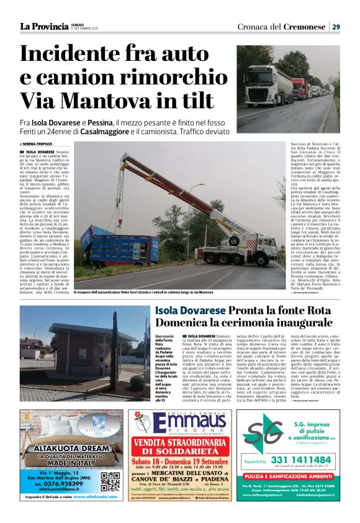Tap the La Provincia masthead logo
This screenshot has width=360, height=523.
(43, 26)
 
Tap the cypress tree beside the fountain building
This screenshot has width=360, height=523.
(115, 348)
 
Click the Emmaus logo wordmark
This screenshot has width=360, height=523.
(180, 424)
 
